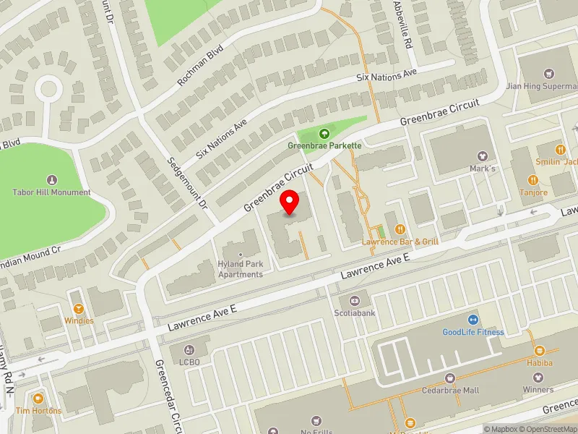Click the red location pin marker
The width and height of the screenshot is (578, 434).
coord(290,202)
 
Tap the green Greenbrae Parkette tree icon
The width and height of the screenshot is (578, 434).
coord(324,133)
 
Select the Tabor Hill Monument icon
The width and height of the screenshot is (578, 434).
coord(51,179)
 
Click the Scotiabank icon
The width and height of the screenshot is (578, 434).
coord(354,300)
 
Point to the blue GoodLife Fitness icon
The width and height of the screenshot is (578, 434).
coord(473,320)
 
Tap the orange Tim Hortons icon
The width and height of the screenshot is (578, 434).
coord(38,399)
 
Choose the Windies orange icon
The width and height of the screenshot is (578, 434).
coord(78,307)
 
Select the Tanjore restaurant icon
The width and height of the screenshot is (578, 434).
coord(533,180)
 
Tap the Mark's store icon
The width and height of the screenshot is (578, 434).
coord(483,156)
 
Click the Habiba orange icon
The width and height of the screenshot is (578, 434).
coord(539,351)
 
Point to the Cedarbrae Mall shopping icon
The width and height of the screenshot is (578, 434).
coord(449,378)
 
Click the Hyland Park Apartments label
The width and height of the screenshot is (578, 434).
coord(240,269)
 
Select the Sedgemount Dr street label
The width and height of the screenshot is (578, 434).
coord(187,184)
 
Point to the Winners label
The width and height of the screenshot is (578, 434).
coord(538,390)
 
